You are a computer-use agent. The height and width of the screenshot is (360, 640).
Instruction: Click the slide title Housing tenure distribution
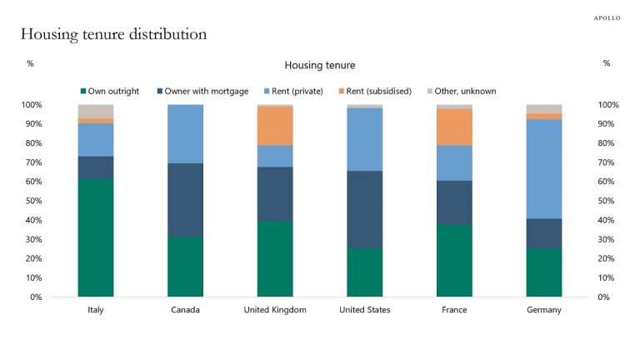[113, 34]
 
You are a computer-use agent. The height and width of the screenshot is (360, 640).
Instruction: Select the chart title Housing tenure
[319, 64]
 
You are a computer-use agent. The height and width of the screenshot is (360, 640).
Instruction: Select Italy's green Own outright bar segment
[96, 237]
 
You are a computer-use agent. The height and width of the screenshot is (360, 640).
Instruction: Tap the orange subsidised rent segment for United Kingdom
[275, 126]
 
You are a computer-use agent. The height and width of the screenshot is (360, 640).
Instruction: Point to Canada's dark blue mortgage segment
[185, 200]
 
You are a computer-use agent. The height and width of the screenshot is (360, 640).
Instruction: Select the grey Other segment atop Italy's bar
[96, 111]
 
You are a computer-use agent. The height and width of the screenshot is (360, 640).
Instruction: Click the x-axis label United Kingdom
[275, 310]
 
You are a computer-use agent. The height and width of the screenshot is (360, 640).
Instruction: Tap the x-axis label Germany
[544, 310]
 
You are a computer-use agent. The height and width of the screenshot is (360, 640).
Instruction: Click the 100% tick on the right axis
[609, 105]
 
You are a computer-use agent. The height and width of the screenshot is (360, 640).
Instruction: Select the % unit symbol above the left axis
[30, 63]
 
